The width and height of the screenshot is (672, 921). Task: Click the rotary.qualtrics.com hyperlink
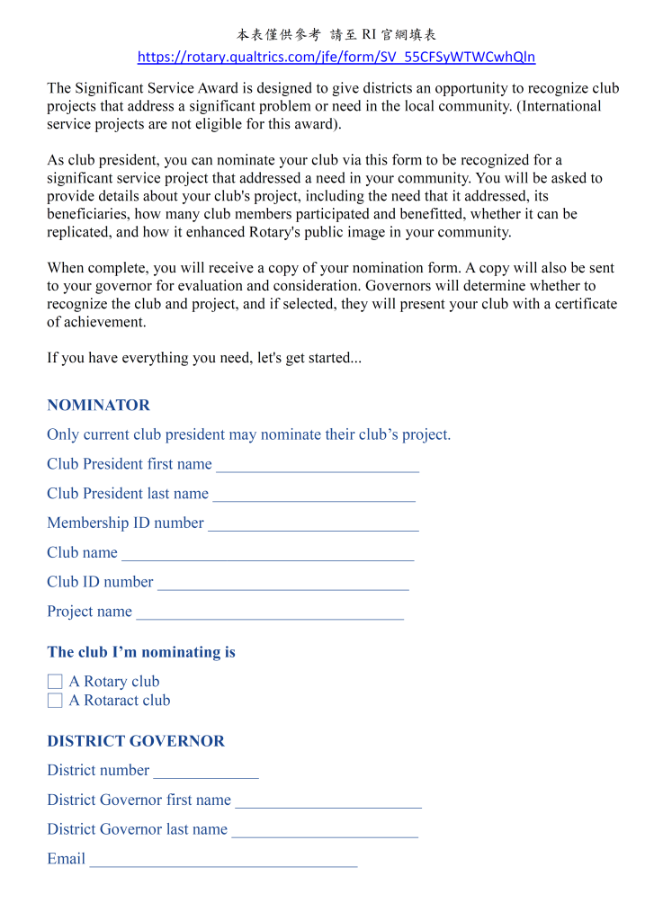[x=336, y=58]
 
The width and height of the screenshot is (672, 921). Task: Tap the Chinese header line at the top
[x=336, y=35]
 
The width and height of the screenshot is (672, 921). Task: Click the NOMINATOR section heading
[x=98, y=405]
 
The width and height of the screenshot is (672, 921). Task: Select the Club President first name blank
[x=318, y=466]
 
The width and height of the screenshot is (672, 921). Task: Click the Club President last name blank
[x=314, y=495]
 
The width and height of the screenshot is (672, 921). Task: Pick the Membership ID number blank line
[x=313, y=524]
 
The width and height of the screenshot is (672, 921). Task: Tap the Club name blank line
[x=267, y=554]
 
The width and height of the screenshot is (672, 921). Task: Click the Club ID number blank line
[x=282, y=584]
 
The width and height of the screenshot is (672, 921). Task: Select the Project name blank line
[x=269, y=613]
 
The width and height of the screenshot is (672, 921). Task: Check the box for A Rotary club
[x=55, y=682]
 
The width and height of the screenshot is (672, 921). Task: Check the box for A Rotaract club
[x=55, y=701]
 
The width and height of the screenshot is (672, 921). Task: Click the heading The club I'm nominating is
[x=141, y=652]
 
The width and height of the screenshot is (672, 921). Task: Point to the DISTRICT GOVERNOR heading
[x=136, y=741]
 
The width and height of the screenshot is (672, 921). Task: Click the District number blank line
[x=205, y=772]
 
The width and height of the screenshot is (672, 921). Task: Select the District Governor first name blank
[x=327, y=801]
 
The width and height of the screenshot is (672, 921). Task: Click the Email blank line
[x=223, y=861]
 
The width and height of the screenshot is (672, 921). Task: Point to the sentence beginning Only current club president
[x=248, y=434]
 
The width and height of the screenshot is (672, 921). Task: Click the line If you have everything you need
[x=204, y=358]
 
